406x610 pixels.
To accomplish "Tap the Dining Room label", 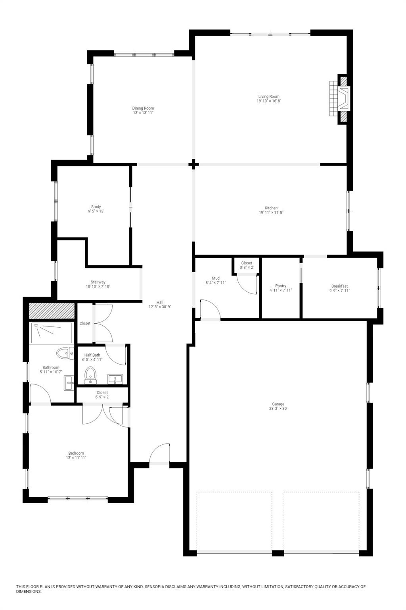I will point(143,108).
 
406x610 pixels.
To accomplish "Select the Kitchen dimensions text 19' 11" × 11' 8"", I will point(271,212).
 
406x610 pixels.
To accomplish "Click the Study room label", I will point(96,207).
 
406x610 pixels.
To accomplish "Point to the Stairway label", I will point(98,282).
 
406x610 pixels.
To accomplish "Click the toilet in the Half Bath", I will point(91,374).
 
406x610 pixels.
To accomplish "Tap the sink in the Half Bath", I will point(115,379).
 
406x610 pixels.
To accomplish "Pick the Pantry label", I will point(281,286).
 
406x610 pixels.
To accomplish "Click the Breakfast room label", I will point(339,286).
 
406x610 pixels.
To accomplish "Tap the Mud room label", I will point(216,278).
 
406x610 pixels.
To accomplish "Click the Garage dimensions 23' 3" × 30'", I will point(278,409).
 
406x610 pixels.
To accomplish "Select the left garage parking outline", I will point(234,521).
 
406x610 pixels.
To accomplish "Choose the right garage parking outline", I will point(322,521).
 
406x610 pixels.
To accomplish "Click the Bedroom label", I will point(76,453).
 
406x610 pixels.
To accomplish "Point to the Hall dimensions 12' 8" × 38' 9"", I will point(160,307).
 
